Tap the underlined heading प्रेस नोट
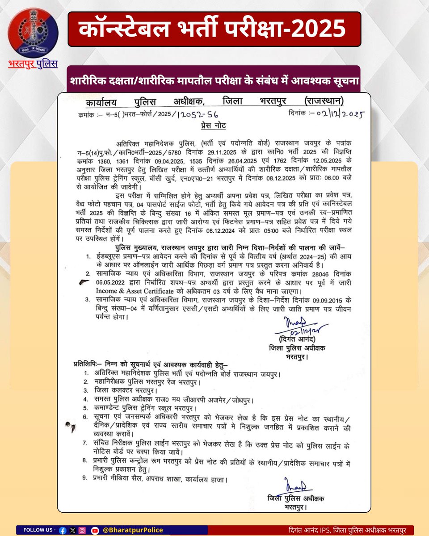[213, 126]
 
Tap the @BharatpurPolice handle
[132, 530]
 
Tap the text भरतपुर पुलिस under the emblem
[33, 64]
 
